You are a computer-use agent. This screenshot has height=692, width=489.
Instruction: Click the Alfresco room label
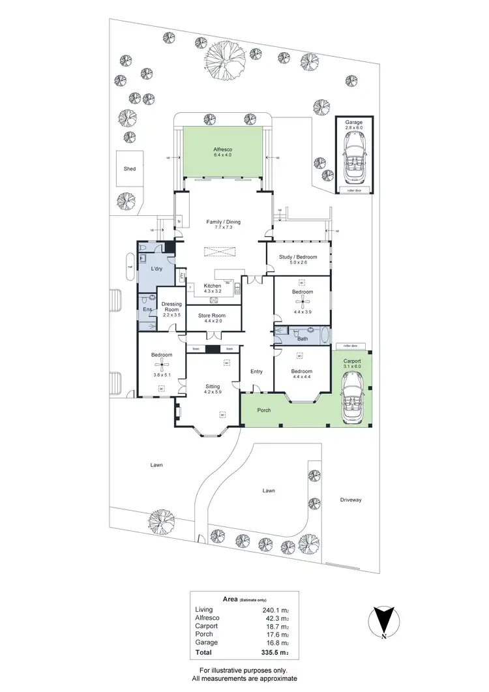point(223,149)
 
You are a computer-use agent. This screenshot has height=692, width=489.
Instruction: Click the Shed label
point(130,168)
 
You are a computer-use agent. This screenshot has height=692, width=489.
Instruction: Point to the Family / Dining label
point(224,222)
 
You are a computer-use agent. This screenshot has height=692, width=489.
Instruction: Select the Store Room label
point(210,316)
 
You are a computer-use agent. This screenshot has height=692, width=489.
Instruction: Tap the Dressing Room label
point(171,307)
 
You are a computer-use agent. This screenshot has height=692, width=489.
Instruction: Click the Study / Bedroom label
point(297,257)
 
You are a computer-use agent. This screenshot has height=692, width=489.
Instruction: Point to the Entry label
point(256,372)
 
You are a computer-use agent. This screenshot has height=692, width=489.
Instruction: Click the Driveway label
point(350,500)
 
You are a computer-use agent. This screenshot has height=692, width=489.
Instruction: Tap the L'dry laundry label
point(156,269)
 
